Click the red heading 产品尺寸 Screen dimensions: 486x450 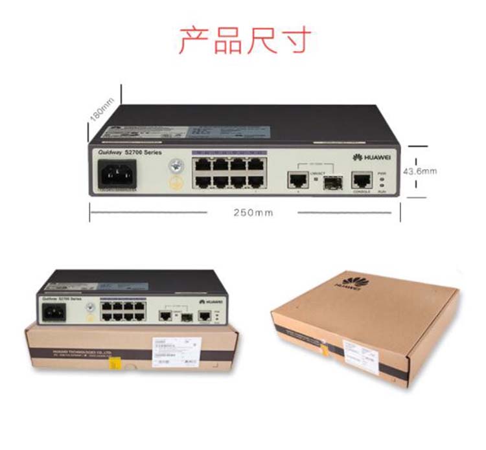point(244,41)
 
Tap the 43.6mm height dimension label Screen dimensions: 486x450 point(420,172)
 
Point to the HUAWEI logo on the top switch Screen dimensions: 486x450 point(369,157)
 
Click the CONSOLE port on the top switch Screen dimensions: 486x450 point(361,179)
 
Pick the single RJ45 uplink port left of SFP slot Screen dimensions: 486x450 point(297,179)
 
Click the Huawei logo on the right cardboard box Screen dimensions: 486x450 point(351,282)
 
